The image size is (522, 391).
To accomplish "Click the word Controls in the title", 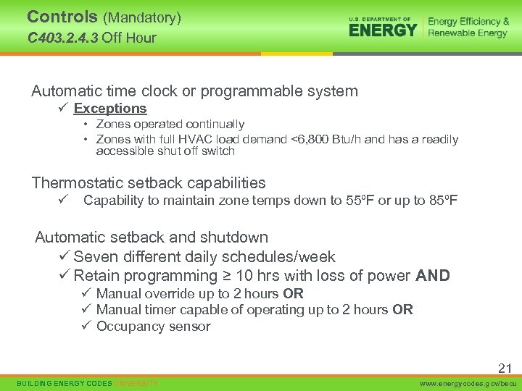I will (62, 17).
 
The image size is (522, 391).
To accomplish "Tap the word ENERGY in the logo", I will (383, 30).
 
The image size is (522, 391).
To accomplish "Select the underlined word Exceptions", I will (110, 109).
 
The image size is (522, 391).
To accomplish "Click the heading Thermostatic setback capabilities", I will (149, 183).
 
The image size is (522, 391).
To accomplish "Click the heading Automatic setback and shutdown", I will (152, 237).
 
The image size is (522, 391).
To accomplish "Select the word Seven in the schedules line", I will (94, 257).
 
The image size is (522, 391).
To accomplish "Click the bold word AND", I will (433, 276).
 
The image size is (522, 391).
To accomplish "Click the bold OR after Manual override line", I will (294, 294).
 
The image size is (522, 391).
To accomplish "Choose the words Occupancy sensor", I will (153, 327).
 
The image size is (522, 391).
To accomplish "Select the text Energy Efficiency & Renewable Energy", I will (468, 28).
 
